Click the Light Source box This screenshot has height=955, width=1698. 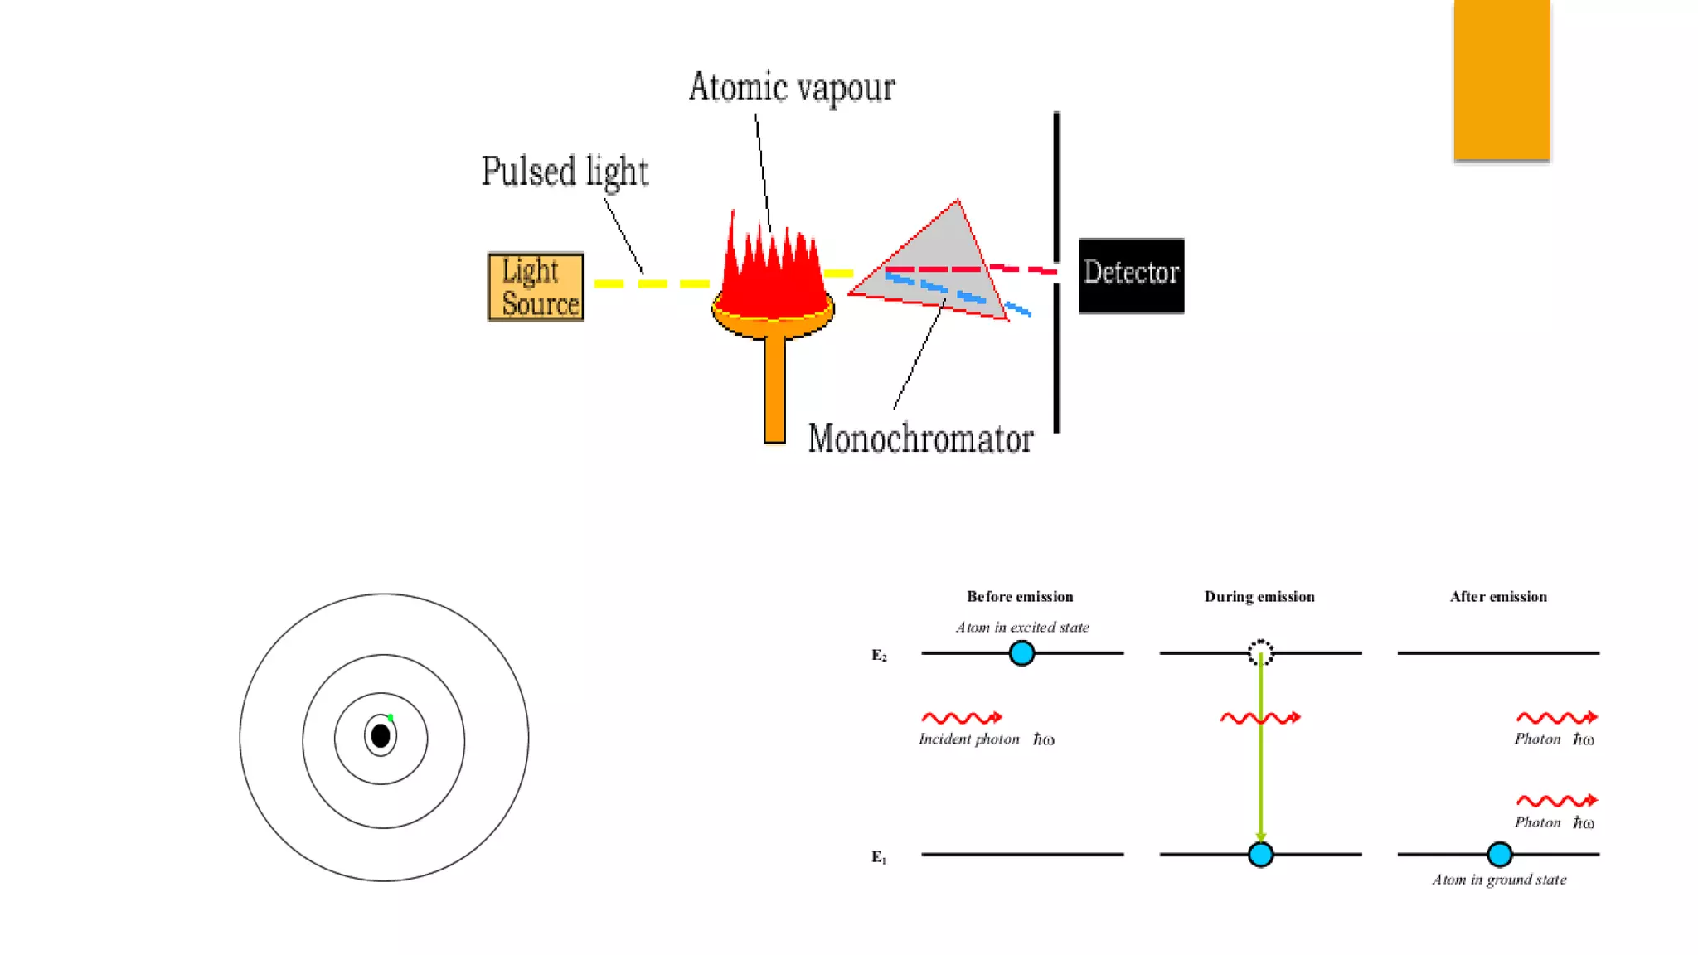[x=536, y=287]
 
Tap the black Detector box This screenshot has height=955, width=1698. [x=1131, y=275]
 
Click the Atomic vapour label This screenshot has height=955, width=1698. [x=791, y=88]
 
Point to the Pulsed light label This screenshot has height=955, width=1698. [x=565, y=172]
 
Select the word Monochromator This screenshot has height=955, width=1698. [x=920, y=439]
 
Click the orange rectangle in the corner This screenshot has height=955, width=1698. [x=1502, y=80]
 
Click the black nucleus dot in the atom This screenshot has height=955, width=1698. [x=381, y=735]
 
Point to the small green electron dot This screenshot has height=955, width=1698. [x=391, y=717]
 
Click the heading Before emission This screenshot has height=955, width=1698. [x=1020, y=597]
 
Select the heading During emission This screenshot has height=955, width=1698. [x=1259, y=597]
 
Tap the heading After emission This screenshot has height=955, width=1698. [x=1498, y=597]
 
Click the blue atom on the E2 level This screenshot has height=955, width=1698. [x=1021, y=653]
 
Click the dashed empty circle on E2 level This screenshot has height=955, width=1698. [x=1260, y=652]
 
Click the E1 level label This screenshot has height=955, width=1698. [x=879, y=857]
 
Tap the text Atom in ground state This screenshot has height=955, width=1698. [x=1499, y=880]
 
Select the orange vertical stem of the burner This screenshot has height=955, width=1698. [x=774, y=390]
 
